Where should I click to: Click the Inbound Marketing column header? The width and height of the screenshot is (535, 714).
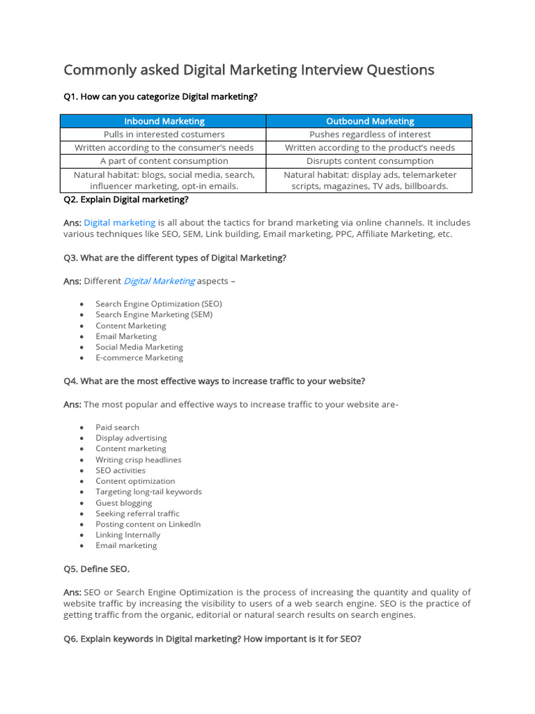tap(164, 121)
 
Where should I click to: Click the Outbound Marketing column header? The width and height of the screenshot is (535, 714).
tap(370, 121)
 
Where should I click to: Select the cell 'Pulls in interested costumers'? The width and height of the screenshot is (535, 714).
tap(164, 135)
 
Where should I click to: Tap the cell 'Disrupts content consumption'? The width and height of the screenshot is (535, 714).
tap(370, 161)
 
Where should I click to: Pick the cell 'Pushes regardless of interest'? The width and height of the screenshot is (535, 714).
tap(370, 135)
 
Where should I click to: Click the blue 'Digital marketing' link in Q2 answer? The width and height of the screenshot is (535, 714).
tap(119, 223)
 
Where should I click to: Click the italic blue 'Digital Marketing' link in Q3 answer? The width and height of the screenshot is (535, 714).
tap(159, 281)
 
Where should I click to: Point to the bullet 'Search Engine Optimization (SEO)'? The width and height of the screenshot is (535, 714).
tap(159, 304)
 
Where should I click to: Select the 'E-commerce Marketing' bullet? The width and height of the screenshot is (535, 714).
tap(139, 358)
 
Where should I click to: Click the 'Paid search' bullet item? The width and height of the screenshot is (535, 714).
tap(117, 427)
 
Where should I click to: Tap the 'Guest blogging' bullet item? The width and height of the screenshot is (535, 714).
tap(123, 503)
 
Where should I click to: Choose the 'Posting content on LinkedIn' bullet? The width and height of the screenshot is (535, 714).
tap(148, 524)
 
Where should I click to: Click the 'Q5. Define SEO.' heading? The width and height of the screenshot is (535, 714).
tap(96, 569)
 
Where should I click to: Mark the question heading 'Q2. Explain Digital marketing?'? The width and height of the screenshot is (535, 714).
tap(125, 199)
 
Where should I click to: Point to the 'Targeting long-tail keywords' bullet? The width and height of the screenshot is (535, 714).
tap(148, 492)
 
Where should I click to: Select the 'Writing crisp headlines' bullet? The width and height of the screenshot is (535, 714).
tap(138, 460)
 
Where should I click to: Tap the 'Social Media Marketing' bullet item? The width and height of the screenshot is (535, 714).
tap(139, 347)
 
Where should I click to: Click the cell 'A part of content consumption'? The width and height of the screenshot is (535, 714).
tap(164, 161)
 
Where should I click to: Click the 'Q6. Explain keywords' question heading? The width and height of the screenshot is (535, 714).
tap(212, 639)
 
